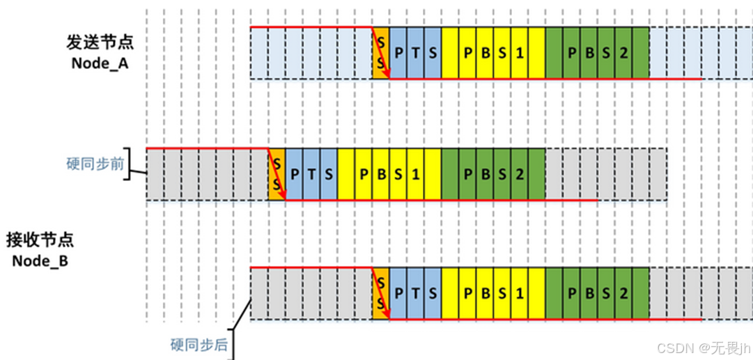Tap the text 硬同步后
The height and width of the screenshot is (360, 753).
coord(199,345)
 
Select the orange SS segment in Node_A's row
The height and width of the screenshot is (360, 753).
coord(380,52)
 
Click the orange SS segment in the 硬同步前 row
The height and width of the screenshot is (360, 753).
coord(277,174)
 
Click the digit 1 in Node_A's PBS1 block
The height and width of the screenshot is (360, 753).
coord(519,52)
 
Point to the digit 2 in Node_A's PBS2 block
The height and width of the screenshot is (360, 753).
coord(623,52)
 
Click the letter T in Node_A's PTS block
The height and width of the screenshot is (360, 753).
coord(416,52)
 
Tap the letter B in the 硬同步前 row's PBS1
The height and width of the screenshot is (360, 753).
coord(381,174)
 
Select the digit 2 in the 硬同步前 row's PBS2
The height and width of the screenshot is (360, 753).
coord(519,174)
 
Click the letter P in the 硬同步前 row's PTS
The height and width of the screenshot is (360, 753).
coord(294,174)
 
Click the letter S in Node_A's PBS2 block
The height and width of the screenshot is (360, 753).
coord(606,52)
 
